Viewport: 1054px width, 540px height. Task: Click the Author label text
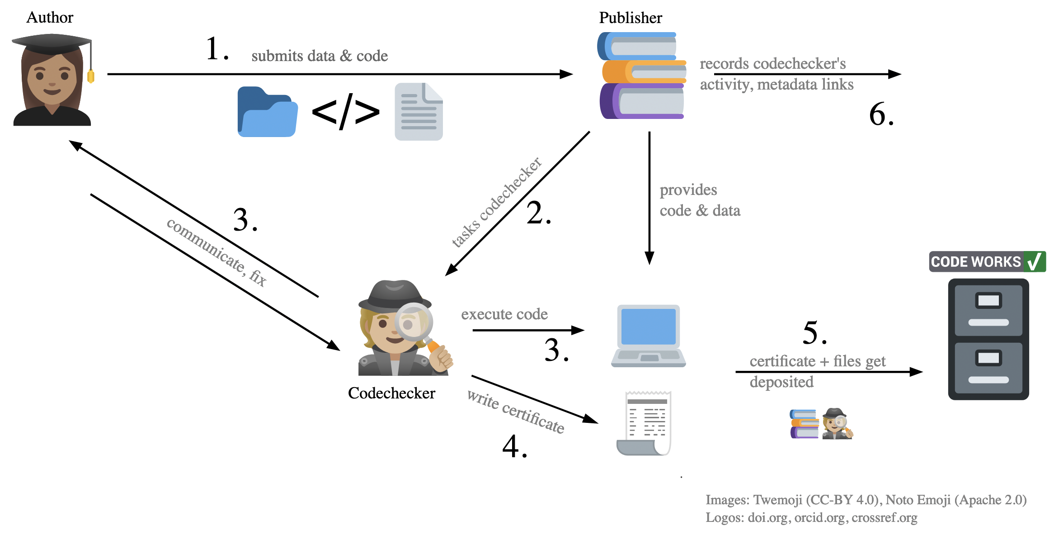(x=50, y=17)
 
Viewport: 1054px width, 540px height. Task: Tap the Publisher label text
(x=630, y=18)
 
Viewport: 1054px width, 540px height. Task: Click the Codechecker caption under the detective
(x=391, y=393)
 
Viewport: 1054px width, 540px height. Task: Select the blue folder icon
(x=267, y=112)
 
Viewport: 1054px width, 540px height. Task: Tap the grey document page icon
(x=419, y=112)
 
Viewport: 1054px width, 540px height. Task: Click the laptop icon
(x=648, y=336)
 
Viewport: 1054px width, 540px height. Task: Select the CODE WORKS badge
(x=987, y=261)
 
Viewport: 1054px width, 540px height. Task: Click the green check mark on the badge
(x=1034, y=261)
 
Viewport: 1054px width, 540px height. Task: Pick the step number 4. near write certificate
(x=514, y=447)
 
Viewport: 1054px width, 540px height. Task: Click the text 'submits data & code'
(x=320, y=56)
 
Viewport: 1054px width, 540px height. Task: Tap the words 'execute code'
(x=504, y=314)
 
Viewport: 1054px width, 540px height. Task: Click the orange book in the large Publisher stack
(x=644, y=72)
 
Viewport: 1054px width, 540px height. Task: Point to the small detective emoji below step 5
(x=837, y=424)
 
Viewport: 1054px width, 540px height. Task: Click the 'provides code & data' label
(x=700, y=200)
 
